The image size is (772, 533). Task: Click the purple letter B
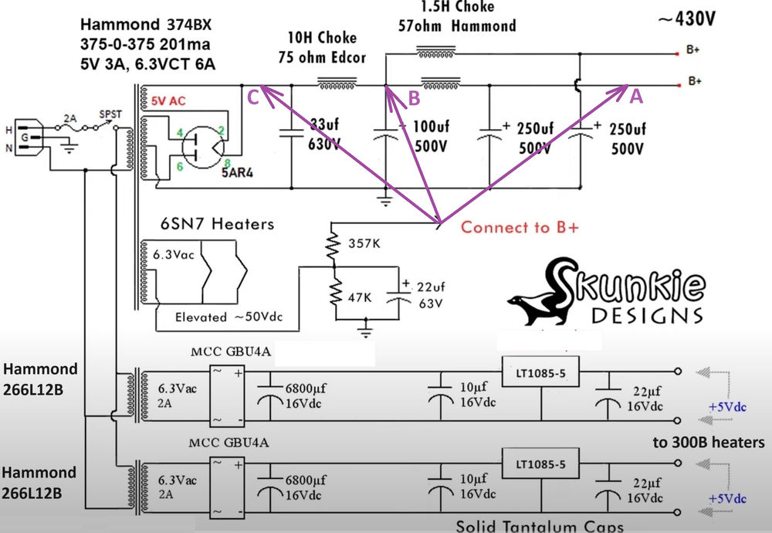(x=414, y=98)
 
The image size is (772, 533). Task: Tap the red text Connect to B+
(x=520, y=228)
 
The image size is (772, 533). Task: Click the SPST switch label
(x=110, y=114)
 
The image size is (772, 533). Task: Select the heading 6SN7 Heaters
(x=207, y=224)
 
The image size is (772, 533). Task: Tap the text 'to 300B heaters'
(x=708, y=443)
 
